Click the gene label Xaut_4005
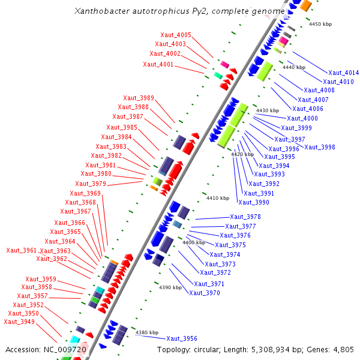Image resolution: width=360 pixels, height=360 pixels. [176, 35]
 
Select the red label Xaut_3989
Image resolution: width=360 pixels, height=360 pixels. [138, 98]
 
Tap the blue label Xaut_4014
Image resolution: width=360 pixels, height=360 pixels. [343, 73]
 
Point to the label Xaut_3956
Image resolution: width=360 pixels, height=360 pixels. [181, 339]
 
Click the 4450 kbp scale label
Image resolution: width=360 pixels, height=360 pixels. [320, 25]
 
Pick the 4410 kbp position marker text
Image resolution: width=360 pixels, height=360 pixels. [218, 198]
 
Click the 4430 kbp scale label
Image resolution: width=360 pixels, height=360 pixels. [268, 111]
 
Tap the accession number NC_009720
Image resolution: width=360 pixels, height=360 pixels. [65, 350]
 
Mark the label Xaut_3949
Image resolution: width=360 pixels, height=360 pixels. [19, 322]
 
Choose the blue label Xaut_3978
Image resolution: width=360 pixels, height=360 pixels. [245, 217]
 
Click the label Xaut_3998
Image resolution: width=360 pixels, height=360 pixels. [319, 148]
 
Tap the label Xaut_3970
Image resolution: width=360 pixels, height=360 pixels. [204, 293]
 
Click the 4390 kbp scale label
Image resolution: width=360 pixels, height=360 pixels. [170, 288]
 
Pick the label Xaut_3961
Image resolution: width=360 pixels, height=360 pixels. [21, 251]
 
